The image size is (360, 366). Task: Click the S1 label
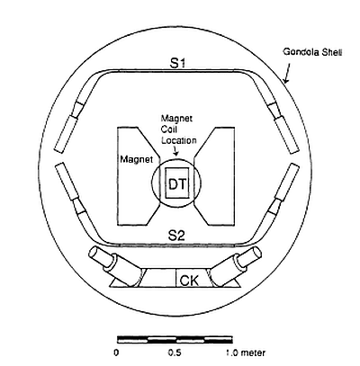tap(178, 63)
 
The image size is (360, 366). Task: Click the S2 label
tap(176, 236)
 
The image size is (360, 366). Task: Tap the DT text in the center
tap(177, 184)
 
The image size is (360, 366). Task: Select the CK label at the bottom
tap(189, 281)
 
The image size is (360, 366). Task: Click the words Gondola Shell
tap(312, 52)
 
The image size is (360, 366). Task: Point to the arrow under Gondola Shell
tap(287, 73)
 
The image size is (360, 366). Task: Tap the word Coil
tap(169, 129)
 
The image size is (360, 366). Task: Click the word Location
tap(179, 140)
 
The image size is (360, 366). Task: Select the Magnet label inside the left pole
tap(137, 159)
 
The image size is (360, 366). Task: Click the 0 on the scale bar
tap(116, 353)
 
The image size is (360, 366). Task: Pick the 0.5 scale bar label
tap(175, 353)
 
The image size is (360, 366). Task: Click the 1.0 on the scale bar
tap(232, 353)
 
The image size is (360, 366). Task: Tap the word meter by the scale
tap(253, 353)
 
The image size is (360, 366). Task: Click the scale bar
tap(175, 340)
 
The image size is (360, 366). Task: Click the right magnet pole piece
tap(214, 176)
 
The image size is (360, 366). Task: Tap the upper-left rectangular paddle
tap(66, 134)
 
